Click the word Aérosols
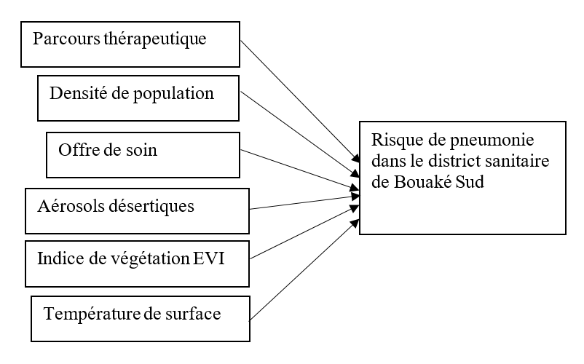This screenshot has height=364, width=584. point(66,205)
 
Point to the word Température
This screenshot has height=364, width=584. point(87,314)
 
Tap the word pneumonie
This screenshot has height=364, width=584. point(473,141)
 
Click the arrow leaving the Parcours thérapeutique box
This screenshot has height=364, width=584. point(299,98)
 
